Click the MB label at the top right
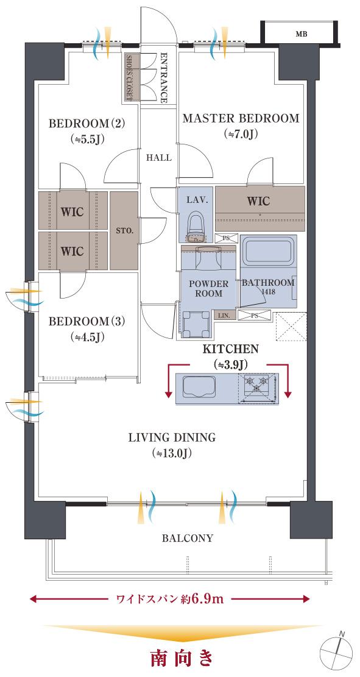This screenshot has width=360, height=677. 302,35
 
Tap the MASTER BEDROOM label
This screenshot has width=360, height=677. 241,118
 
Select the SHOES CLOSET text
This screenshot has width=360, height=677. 128,78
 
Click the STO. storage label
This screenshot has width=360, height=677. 125,231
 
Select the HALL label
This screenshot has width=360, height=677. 158,158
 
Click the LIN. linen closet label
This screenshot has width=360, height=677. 227,316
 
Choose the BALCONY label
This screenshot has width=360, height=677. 188,538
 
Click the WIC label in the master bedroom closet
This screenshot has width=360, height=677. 258,200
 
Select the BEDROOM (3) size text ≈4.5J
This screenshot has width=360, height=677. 86,337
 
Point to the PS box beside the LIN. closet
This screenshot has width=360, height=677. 255,316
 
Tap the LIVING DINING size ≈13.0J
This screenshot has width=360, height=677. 171,453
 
